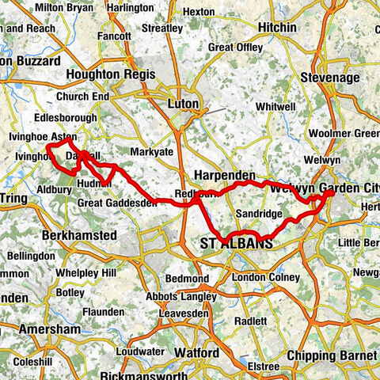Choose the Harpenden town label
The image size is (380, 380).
tap(224, 174)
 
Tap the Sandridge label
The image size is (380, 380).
tap(258, 215)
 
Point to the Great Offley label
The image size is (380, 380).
tap(235, 47)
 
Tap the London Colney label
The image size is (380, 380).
tap(265, 278)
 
